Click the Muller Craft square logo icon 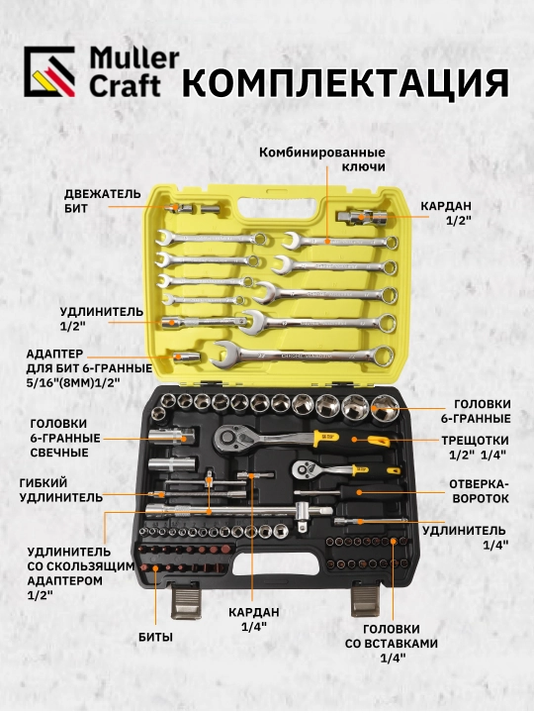tap(49, 71)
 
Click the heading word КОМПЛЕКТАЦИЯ tap(345, 83)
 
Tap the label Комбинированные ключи tap(322, 159)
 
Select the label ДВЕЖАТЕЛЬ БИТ tap(102, 201)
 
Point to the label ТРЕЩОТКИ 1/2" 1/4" tap(476, 448)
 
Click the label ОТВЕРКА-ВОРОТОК tap(480, 490)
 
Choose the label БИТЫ tap(156, 637)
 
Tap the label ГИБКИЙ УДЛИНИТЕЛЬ tap(61, 490)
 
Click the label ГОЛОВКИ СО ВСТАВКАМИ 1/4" tap(392, 644)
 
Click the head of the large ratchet tap(231, 439)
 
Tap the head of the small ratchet tap(306, 468)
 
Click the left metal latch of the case tap(186, 602)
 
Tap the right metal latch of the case tap(366, 600)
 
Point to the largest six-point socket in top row tap(385, 406)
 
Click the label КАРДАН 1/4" tap(254, 618)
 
